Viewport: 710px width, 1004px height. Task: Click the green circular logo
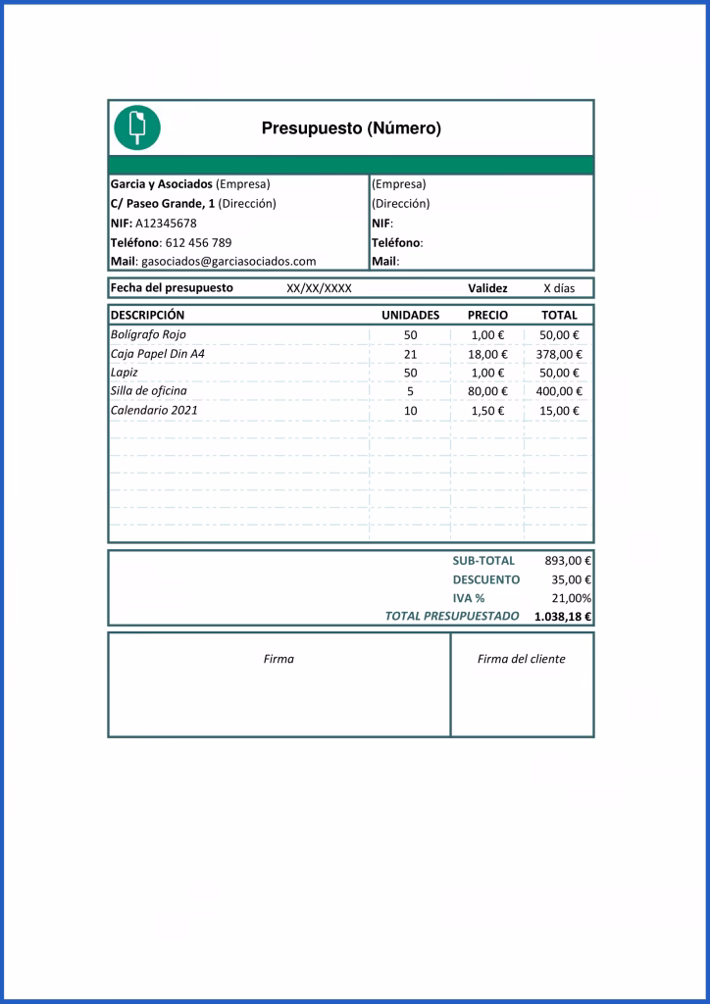click(137, 126)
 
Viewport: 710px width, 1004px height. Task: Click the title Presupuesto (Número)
click(351, 128)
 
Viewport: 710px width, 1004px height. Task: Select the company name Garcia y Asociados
click(161, 183)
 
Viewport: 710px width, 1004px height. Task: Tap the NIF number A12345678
click(166, 223)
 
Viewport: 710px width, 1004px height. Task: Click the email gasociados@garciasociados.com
click(228, 262)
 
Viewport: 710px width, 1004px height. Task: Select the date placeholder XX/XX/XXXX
click(319, 288)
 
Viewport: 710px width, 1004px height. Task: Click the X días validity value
click(560, 288)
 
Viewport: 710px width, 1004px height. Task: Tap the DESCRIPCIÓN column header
click(147, 316)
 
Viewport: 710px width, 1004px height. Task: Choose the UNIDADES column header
click(410, 316)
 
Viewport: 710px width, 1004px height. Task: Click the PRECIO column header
click(487, 316)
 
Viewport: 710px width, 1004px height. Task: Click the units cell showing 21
click(410, 354)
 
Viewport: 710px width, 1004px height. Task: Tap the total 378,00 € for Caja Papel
click(559, 354)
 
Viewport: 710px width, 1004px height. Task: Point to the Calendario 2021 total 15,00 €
click(559, 411)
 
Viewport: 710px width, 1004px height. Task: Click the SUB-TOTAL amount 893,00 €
click(567, 561)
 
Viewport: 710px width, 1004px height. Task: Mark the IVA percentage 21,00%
click(571, 598)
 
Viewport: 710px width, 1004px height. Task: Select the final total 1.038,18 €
click(563, 617)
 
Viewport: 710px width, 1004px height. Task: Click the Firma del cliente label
click(521, 659)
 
